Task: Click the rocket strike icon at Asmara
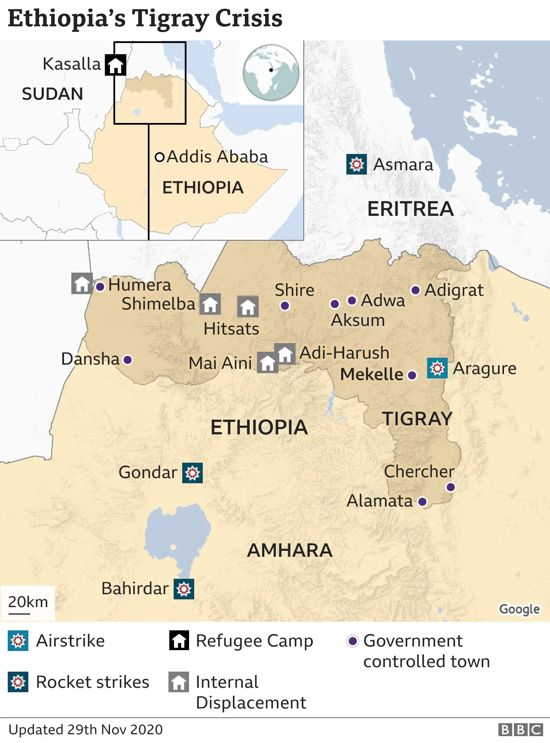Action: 357,164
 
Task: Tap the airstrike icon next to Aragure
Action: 437,368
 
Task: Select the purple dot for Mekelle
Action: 412,375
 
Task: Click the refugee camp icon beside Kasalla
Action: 116,65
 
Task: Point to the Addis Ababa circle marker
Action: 159,157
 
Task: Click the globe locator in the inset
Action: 271,72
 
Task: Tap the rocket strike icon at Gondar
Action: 192,473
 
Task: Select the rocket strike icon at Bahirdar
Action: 184,589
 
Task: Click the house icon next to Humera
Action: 82,283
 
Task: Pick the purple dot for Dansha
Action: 128,359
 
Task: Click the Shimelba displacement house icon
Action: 210,304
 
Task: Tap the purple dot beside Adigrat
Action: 415,290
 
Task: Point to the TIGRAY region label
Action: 417,419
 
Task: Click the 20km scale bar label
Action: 28,602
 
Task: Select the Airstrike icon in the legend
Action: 18,641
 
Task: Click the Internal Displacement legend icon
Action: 179,682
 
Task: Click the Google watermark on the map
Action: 519,609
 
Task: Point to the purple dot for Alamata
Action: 422,501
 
